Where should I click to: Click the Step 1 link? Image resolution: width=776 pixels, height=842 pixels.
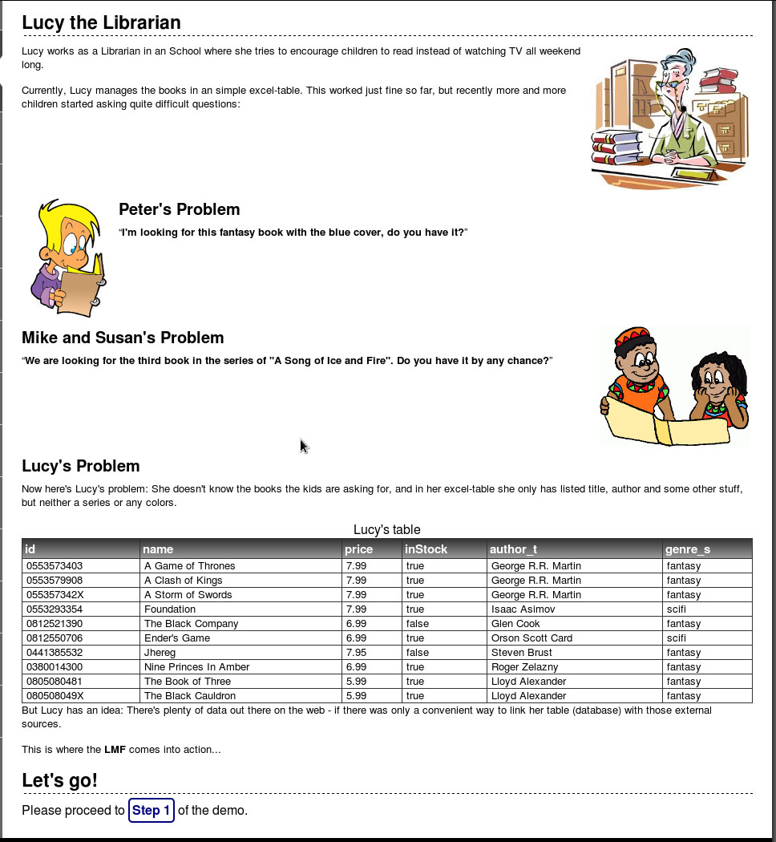(152, 810)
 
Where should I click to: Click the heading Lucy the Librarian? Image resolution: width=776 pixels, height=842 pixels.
(101, 22)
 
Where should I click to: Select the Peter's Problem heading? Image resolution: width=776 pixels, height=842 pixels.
(179, 209)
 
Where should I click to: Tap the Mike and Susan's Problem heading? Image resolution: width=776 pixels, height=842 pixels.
(123, 338)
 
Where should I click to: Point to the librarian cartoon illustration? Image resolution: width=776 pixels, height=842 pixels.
(670, 118)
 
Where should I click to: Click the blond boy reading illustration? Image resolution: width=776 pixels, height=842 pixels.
(67, 257)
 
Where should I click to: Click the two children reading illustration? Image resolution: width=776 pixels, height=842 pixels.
(674, 386)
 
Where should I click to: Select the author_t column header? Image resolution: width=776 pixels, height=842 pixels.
(513, 549)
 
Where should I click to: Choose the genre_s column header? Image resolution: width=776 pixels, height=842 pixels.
(687, 549)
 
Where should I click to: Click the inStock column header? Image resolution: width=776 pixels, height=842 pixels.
(426, 549)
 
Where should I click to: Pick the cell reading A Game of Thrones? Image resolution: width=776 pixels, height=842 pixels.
(189, 566)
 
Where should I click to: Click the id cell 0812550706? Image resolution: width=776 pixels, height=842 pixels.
(55, 638)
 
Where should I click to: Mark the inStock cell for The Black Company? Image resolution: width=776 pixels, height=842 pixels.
(417, 624)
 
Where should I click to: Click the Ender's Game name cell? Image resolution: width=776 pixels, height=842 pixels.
(177, 638)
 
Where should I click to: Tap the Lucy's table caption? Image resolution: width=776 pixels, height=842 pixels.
(386, 529)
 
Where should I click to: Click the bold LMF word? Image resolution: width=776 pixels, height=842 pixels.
(114, 750)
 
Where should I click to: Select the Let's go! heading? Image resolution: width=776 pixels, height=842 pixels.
(59, 780)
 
